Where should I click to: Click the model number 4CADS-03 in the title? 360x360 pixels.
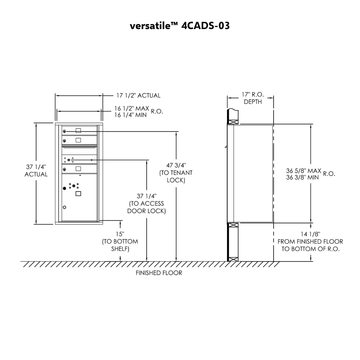205,26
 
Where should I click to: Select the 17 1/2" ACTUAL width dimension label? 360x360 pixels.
138,95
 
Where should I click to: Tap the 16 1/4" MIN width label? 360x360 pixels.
130,115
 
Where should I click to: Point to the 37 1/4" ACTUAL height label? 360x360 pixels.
36,170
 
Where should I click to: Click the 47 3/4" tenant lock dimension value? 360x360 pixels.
176,165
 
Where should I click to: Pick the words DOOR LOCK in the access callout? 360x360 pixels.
147,211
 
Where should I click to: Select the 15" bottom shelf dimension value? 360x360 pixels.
120,234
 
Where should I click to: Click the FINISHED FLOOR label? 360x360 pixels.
159,273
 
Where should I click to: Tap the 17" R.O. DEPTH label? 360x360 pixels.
253,98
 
